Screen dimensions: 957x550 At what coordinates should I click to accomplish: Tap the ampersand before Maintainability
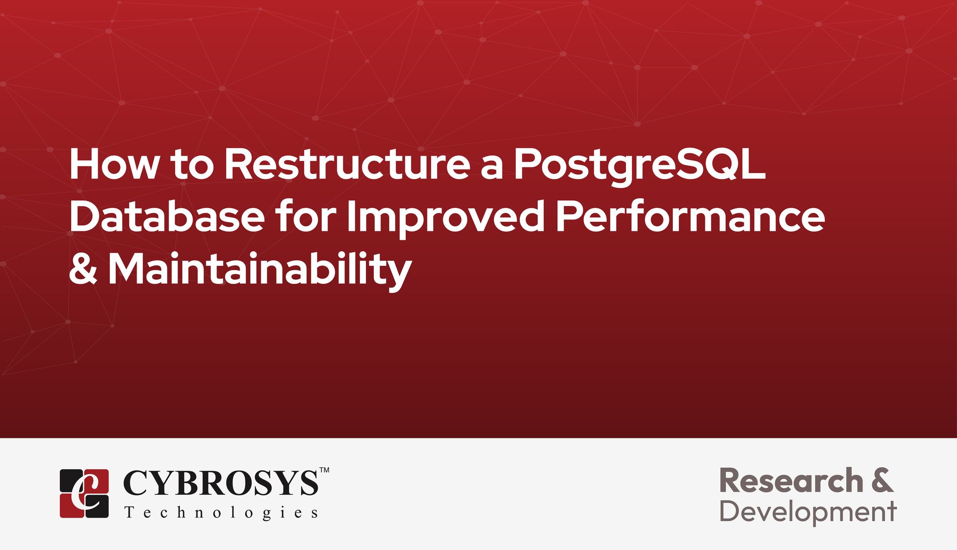coord(83,269)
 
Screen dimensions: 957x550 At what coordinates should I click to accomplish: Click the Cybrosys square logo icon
coord(84,493)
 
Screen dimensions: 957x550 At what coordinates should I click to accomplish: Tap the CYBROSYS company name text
coord(220,483)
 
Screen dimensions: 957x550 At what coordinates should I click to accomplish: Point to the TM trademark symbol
coord(324,470)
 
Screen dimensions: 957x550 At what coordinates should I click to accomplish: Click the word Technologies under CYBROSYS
coord(221,513)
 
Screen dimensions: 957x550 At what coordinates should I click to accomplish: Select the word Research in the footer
coord(791,481)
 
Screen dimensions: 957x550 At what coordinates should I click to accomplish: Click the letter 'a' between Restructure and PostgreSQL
coord(491,168)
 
